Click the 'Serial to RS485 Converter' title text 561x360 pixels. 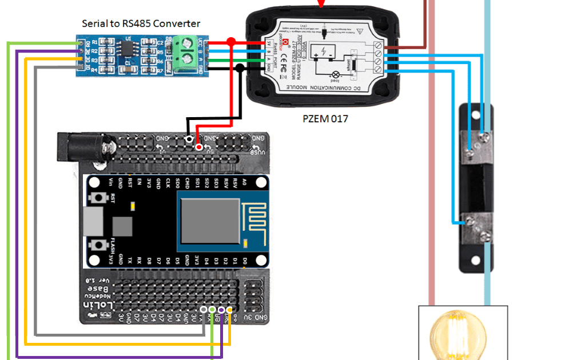coord(141,23)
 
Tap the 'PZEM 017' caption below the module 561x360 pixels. coord(325,119)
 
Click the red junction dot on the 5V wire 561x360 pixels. coord(231,42)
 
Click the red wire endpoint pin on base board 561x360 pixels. coord(198,147)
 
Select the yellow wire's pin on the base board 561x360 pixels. coord(229,310)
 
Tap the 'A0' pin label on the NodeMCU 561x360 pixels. coord(244,183)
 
